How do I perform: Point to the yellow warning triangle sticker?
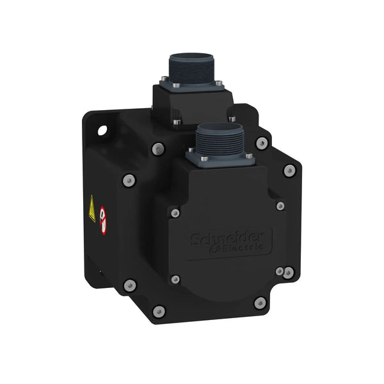point(92,208)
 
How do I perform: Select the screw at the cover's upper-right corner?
point(280,205)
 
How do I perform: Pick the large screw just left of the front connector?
point(158,149)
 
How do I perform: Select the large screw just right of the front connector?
point(261,143)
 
